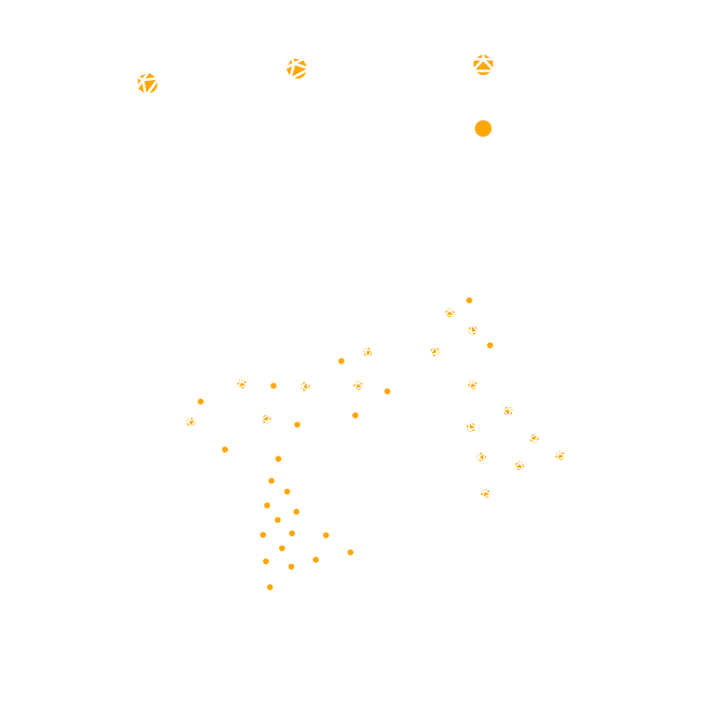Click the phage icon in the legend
point(482,77)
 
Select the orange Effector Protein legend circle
point(482,127)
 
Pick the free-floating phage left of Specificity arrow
point(159,94)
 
